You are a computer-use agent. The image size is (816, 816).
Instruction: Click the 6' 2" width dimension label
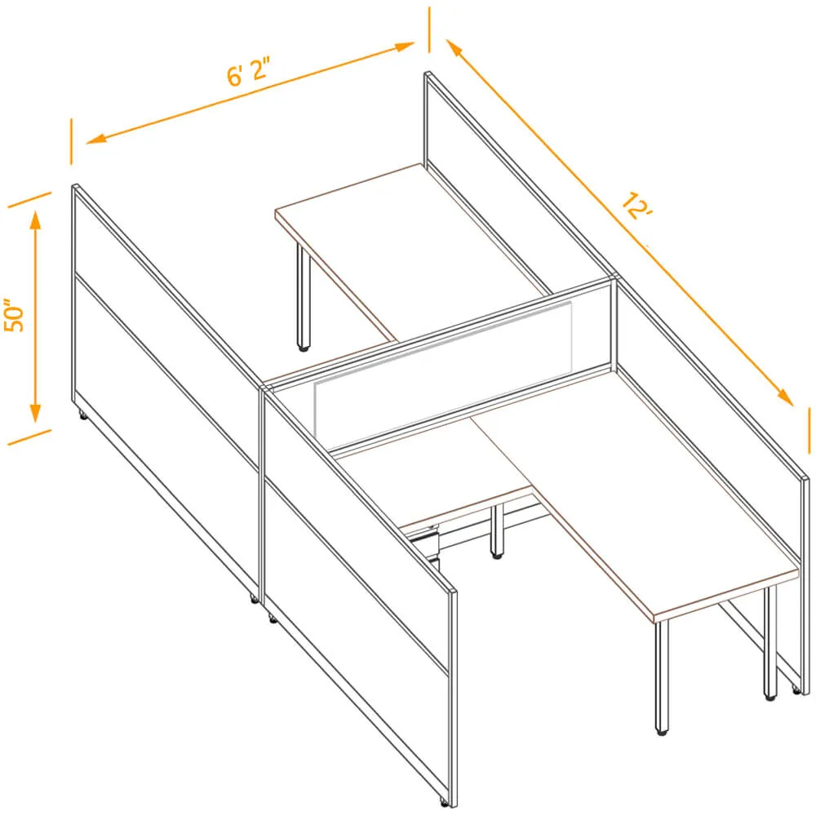point(249,72)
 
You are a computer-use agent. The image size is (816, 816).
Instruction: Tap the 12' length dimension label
point(637,206)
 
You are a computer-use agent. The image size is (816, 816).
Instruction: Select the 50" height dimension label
point(14,315)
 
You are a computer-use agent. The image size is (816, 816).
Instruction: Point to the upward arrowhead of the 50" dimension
point(35,220)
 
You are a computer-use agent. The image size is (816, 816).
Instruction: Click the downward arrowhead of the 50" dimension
point(35,413)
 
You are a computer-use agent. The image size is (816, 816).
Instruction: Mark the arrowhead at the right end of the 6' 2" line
point(405,47)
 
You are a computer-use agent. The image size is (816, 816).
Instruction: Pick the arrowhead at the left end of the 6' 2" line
point(96,139)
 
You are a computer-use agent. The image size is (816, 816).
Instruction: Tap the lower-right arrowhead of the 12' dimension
point(785,397)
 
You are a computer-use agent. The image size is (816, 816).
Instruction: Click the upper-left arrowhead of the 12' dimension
point(455,48)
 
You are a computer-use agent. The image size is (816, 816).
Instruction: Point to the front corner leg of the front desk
point(662,677)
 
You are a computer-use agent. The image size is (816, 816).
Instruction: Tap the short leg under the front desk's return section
point(498,531)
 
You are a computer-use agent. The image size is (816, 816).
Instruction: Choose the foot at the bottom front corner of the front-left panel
point(444,802)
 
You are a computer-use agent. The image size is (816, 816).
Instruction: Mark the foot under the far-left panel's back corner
point(82,415)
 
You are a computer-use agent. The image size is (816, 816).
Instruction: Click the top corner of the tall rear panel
point(428,74)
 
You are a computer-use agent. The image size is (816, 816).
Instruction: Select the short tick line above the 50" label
point(29,200)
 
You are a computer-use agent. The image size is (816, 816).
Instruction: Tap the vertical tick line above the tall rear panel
point(429,29)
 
